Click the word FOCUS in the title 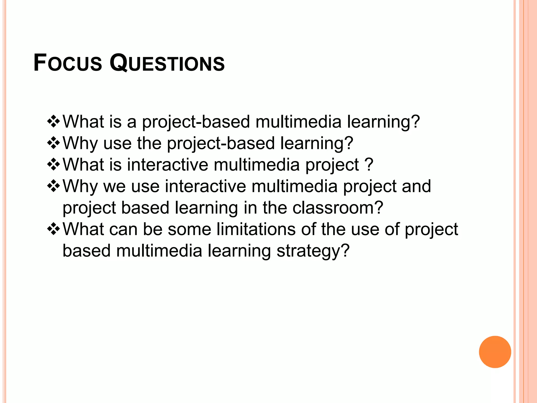[68, 63]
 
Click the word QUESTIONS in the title [167, 63]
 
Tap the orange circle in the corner [495, 352]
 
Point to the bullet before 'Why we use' [53, 186]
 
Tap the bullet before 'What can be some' [53, 229]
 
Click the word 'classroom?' [338, 208]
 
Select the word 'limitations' [256, 229]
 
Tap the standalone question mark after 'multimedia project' [369, 165]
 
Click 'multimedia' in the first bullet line [298, 121]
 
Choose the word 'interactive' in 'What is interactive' [168, 165]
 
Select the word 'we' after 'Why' [115, 187]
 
